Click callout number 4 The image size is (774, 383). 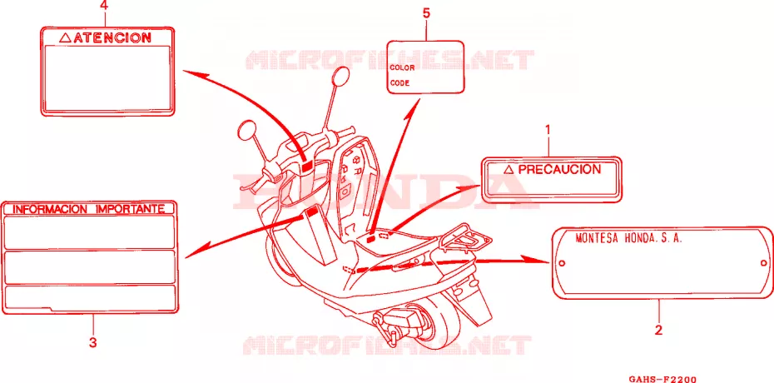(104, 7)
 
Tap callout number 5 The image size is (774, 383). (426, 13)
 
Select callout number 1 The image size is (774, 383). (547, 131)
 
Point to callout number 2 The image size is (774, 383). (658, 331)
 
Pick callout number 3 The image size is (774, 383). (93, 342)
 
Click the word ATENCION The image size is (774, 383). (112, 37)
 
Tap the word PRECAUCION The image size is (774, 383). (560, 170)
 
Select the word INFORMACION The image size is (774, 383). (49, 209)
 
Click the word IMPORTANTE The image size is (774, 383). (130, 209)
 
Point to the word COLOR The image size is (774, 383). (402, 67)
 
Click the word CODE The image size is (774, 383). (399, 83)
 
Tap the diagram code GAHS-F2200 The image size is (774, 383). (662, 379)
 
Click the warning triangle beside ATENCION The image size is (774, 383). (65, 37)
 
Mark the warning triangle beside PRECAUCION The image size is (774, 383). (509, 171)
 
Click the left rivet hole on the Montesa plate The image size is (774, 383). (561, 263)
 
